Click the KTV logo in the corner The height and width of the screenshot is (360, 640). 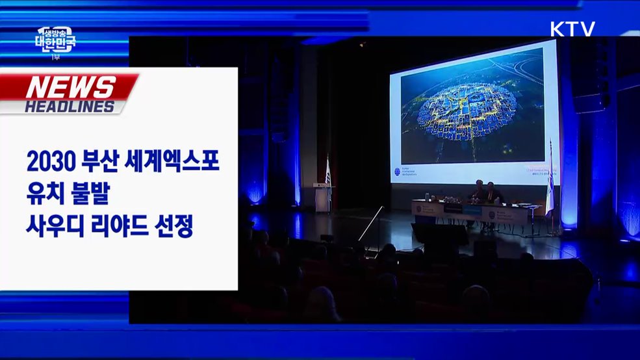(572, 29)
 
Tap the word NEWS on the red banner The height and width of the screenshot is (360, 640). (71, 87)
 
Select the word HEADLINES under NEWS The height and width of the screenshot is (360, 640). (70, 107)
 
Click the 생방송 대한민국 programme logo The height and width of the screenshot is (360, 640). (55, 42)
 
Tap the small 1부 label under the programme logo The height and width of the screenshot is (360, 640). (55, 58)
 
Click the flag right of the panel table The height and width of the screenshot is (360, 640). (550, 185)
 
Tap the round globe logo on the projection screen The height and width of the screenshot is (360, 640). (397, 172)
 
